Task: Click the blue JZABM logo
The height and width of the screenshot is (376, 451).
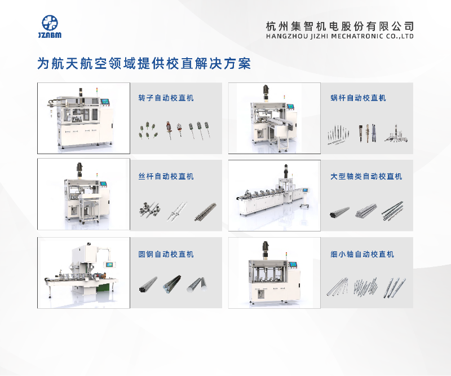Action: pyautogui.click(x=50, y=27)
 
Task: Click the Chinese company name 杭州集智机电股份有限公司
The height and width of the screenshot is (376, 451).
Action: pyautogui.click(x=340, y=26)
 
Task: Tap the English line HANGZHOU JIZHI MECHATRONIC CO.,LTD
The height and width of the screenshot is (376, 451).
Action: pyautogui.click(x=340, y=36)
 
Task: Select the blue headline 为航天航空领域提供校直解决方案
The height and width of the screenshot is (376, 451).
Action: pyautogui.click(x=144, y=63)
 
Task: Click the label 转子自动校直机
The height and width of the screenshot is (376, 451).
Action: pyautogui.click(x=166, y=98)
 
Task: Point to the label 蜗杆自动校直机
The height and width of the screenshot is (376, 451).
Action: pyautogui.click(x=358, y=98)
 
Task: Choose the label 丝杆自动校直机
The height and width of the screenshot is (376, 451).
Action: pyautogui.click(x=166, y=176)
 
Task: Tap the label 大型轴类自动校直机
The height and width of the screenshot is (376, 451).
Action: pyautogui.click(x=366, y=176)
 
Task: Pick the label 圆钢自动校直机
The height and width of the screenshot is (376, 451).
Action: pyautogui.click(x=166, y=254)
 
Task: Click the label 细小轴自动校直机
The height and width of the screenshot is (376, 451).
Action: pyautogui.click(x=362, y=254)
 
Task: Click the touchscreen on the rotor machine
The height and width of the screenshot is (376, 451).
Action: pyautogui.click(x=105, y=102)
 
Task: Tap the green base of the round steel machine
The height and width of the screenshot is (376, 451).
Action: pyautogui.click(x=103, y=288)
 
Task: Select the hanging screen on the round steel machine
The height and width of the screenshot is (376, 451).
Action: pyautogui.click(x=109, y=264)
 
